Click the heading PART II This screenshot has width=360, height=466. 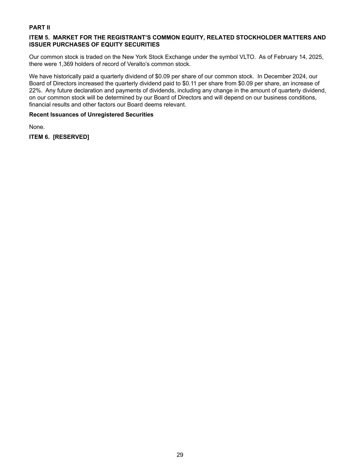tap(39, 27)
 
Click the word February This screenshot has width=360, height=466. tap(286, 57)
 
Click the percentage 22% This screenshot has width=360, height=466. tap(35, 90)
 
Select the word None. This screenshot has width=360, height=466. tap(37, 127)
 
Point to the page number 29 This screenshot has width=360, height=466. tap(180, 455)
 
